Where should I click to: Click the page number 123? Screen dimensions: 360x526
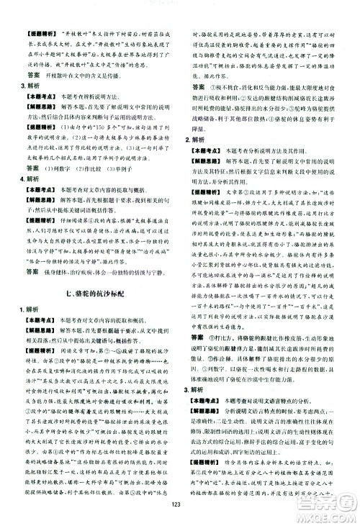(180, 514)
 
